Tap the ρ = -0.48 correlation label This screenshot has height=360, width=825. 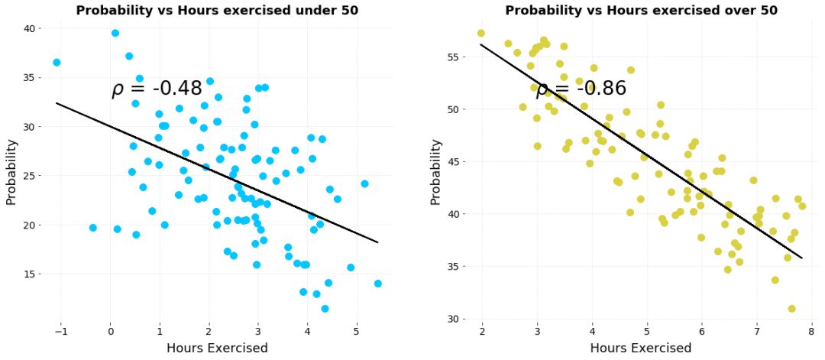(157, 89)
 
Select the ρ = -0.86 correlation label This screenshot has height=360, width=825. (581, 89)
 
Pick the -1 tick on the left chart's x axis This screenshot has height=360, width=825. (60, 331)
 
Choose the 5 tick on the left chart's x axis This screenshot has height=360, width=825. (356, 331)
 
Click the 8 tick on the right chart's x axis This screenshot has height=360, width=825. (812, 331)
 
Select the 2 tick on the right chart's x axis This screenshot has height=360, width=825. (482, 331)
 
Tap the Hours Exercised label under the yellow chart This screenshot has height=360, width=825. (640, 349)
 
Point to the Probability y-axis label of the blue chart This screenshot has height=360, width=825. (11, 171)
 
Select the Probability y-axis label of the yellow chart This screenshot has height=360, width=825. (435, 171)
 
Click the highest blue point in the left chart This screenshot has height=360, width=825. (115, 33)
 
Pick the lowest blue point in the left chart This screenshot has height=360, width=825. (325, 309)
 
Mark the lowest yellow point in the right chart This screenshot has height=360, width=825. (791, 309)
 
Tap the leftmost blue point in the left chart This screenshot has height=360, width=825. (57, 63)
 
